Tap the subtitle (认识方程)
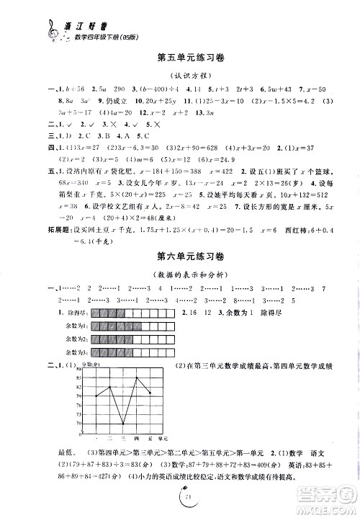coord(179,73)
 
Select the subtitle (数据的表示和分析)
coord(179,272)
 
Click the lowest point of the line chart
coord(123,424)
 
